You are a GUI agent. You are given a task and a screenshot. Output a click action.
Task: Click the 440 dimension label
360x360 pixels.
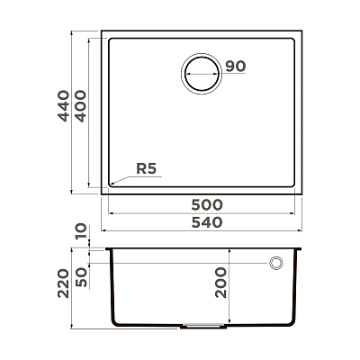[64, 106]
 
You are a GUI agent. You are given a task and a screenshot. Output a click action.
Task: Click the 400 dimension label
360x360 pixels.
[80, 106]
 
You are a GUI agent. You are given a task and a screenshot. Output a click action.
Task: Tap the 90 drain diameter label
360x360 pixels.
[236, 66]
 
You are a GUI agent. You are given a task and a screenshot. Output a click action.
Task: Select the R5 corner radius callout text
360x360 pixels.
[147, 169]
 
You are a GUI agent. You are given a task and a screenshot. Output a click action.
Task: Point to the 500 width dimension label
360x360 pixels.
[207, 205]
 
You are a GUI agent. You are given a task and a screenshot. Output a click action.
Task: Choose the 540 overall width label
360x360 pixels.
[207, 222]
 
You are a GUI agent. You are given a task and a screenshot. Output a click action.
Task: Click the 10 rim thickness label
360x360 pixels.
[81, 231]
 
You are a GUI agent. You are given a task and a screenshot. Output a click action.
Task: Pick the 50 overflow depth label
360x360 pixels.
[81, 277]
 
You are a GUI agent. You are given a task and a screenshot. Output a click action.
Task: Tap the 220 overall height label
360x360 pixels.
[63, 283]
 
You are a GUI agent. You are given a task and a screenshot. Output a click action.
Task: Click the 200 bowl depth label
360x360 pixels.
[220, 283]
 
